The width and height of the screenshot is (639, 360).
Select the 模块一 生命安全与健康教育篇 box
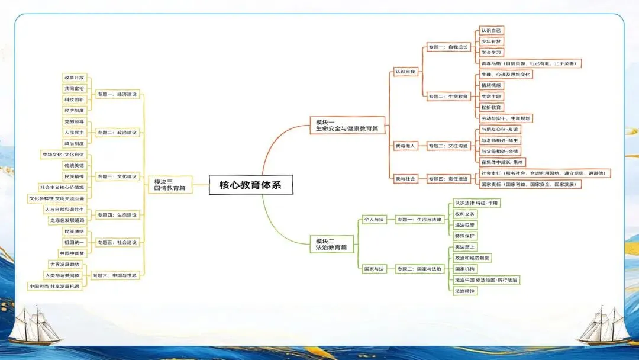[x=346, y=125]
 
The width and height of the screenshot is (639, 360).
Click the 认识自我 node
[x=405, y=72]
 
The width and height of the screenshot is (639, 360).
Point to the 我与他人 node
[x=405, y=146]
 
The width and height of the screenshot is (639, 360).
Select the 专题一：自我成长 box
[x=448, y=47]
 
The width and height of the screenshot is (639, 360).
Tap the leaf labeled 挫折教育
[x=491, y=107]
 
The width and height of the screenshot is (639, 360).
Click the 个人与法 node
[x=374, y=220]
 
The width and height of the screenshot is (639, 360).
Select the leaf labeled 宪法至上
[x=464, y=247]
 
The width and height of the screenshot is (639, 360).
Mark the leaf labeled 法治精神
[x=464, y=291]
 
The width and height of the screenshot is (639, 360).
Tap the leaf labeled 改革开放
[x=75, y=78]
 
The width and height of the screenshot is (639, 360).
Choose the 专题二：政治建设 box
[x=117, y=133]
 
